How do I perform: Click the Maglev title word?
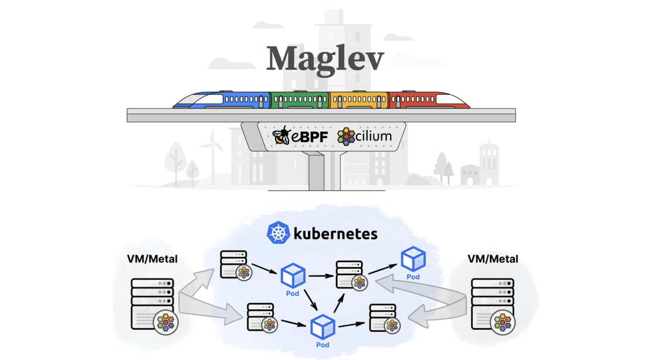coord(325,59)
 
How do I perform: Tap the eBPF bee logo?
coord(281,136)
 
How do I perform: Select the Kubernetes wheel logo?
coord(278,233)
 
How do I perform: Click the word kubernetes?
coord(335,233)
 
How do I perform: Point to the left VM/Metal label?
coord(152,259)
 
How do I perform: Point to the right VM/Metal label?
coord(493,259)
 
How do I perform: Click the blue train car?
coord(226,100)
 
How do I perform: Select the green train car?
coord(300,100)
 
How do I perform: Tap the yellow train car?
coord(358,100)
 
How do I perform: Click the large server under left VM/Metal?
coord(152,304)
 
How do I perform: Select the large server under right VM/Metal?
coord(492,304)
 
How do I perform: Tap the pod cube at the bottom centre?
coord(322,327)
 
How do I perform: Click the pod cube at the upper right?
coord(413,259)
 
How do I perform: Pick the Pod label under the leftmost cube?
coord(292,293)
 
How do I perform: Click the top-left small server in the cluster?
coord(234,264)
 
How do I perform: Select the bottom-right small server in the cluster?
coord(383,317)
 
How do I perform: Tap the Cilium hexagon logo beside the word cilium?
coord(345,137)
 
